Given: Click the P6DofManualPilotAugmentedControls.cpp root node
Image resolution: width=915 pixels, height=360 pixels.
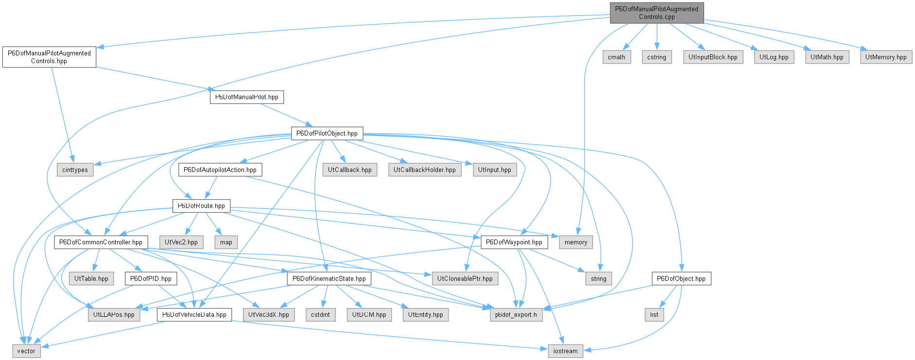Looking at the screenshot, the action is click(656, 13).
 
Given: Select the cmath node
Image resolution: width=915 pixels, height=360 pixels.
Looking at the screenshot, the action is click(617, 57).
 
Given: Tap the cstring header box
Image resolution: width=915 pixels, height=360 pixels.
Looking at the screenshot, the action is click(656, 57).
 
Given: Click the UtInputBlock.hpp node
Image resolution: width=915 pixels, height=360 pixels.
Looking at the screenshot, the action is click(713, 57).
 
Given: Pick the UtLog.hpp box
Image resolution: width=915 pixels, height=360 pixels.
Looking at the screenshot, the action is click(774, 57).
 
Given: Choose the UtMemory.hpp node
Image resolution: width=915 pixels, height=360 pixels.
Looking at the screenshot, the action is click(886, 57).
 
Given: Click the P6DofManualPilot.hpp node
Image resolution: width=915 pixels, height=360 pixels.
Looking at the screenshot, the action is click(247, 97).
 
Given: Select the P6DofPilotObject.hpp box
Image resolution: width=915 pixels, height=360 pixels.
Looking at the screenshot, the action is click(327, 133).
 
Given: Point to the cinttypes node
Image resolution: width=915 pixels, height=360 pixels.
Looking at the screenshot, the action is click(75, 170).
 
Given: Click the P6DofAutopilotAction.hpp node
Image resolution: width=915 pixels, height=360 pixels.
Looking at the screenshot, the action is click(220, 170).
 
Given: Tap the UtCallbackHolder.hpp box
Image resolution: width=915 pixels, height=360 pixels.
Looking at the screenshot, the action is click(425, 170).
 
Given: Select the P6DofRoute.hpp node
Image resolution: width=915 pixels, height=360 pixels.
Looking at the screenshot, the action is click(201, 206).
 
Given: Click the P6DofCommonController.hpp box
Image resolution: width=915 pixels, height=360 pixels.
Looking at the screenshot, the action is click(101, 242).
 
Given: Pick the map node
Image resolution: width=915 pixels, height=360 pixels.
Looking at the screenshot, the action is click(226, 242).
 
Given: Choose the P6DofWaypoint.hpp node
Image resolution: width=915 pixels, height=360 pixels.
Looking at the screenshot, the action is click(514, 242).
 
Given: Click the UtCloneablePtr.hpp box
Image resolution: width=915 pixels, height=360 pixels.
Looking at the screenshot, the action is click(465, 278).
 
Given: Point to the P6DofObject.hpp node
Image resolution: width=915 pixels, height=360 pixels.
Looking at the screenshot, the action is click(681, 278).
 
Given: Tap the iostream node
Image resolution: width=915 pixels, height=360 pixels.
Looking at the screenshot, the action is click(566, 351).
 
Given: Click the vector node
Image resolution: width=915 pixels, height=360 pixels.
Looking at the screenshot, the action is click(26, 351).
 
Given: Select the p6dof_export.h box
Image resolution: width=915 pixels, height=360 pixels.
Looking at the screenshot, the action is click(516, 314).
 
